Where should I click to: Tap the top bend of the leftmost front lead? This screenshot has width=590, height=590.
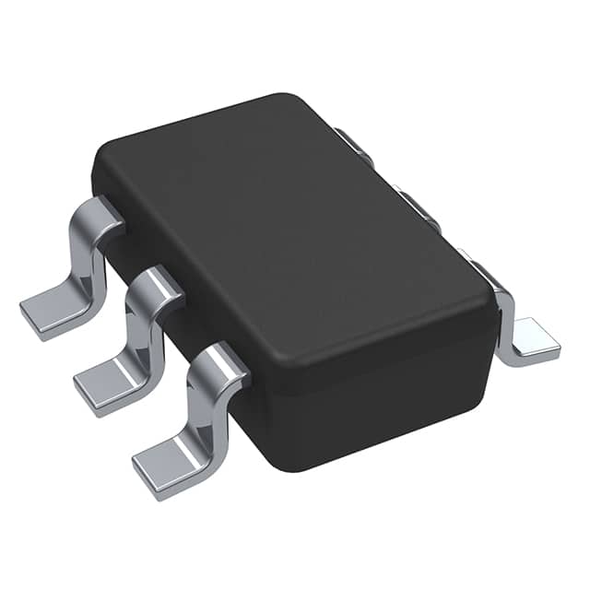100,214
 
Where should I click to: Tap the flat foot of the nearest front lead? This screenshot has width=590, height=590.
171,461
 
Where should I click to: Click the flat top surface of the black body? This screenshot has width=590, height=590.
295,240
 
